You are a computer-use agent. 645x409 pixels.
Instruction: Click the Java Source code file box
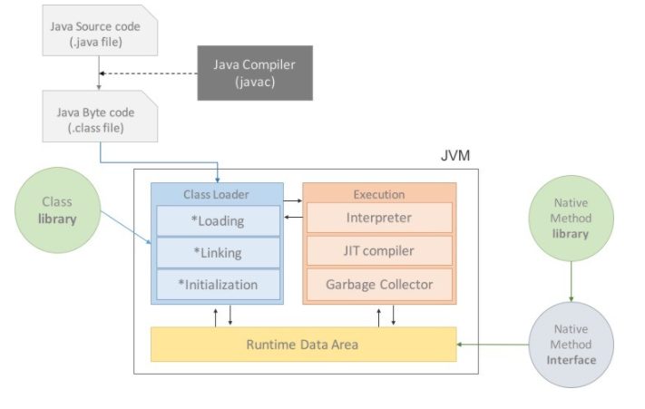click(100, 31)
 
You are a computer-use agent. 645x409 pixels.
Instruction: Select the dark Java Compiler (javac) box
click(255, 73)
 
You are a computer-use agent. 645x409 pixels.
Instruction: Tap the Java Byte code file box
click(100, 116)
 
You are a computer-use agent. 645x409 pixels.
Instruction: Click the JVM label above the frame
click(455, 155)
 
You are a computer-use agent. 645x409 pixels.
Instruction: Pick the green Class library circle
click(57, 210)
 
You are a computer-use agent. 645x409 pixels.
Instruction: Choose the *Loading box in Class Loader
click(218, 220)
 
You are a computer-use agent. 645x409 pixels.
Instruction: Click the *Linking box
click(218, 252)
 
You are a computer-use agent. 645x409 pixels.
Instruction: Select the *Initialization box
click(218, 285)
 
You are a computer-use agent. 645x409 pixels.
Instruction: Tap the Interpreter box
click(379, 218)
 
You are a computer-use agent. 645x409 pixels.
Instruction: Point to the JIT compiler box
click(379, 250)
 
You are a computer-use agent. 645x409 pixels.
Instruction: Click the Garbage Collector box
click(379, 285)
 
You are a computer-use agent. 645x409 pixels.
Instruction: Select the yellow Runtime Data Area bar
click(304, 345)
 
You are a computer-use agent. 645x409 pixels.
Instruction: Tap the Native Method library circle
click(571, 219)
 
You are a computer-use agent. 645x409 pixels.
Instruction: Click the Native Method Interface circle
click(571, 345)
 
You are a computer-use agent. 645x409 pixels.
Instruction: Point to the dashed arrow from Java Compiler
click(149, 73)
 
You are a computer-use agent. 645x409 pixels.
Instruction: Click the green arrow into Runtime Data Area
click(493, 345)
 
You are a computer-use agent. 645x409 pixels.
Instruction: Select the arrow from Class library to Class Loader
click(126, 228)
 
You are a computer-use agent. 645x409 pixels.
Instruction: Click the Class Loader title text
click(216, 194)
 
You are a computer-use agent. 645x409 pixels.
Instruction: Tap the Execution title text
click(379, 194)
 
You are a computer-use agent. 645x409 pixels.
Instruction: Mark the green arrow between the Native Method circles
click(571, 281)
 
